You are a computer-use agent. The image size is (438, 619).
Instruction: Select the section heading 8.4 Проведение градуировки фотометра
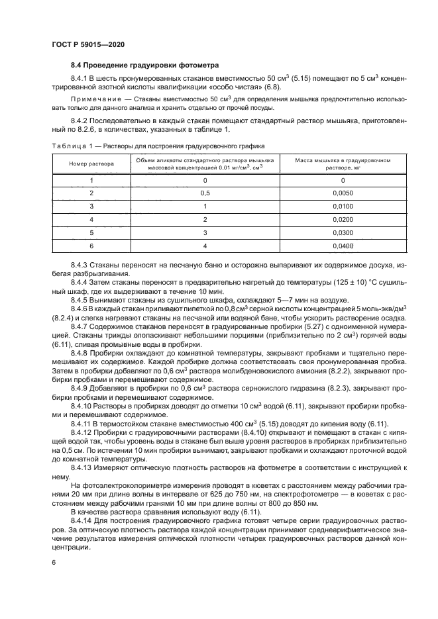tap(145, 65)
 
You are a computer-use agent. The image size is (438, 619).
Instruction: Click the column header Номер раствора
tap(91, 163)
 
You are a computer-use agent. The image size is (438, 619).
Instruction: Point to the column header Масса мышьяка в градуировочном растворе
tap(343, 163)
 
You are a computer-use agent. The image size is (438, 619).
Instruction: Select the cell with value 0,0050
tap(343, 193)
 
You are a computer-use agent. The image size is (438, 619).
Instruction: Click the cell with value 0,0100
tap(343, 207)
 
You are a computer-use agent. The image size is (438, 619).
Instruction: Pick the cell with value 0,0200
tap(343, 219)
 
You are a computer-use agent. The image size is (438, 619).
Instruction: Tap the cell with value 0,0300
tap(343, 232)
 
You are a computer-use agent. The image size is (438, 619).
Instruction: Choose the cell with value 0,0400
tap(343, 246)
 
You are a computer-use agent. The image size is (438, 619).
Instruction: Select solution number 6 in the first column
tap(91, 246)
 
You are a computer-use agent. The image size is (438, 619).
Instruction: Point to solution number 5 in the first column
tap(91, 232)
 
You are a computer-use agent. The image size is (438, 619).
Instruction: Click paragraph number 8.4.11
tap(82, 424)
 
